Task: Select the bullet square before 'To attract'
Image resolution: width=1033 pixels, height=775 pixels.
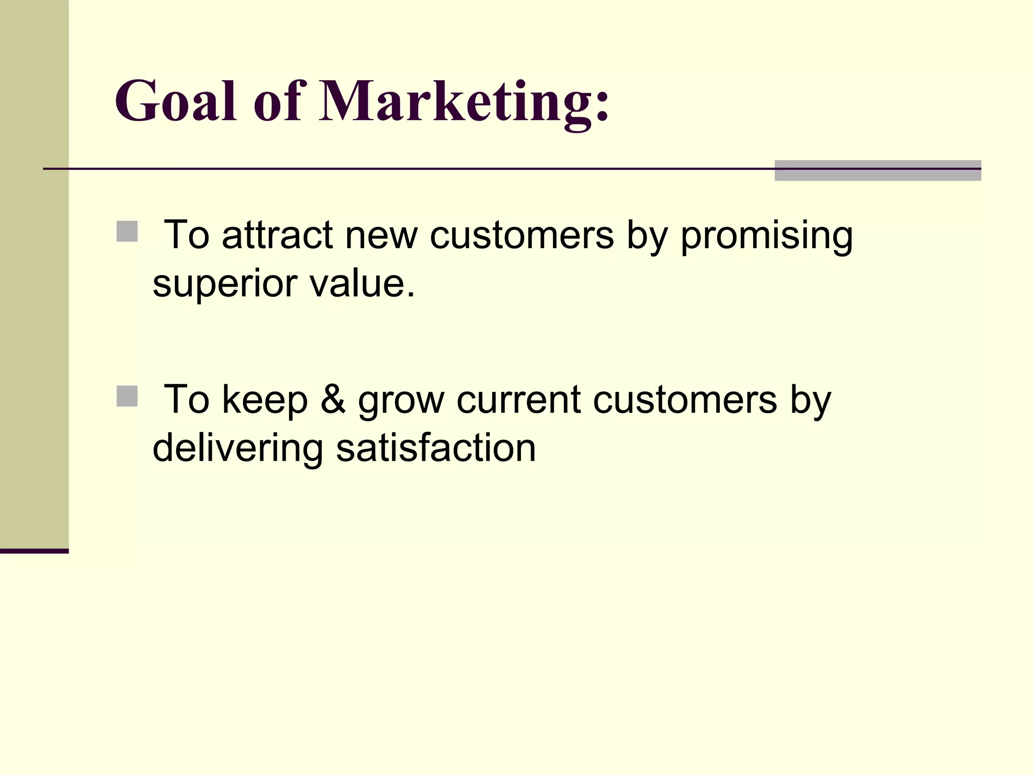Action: [x=127, y=232]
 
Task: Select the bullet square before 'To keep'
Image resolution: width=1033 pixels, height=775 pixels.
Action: [x=127, y=396]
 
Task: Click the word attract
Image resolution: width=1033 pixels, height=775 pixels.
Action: [x=277, y=235]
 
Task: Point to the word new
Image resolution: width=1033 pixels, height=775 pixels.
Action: [x=381, y=235]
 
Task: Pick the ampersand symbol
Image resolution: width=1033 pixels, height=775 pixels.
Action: [x=333, y=399]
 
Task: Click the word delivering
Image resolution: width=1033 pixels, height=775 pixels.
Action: [x=238, y=449]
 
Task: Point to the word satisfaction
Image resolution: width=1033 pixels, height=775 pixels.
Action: [x=436, y=448]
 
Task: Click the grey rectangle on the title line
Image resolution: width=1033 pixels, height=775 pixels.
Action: [x=878, y=171]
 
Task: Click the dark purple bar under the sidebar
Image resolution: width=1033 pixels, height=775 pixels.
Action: [x=34, y=551]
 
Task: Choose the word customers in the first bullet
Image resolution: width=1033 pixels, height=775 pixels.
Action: [x=522, y=235]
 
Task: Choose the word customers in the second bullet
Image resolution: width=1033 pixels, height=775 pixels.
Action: [x=685, y=399]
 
